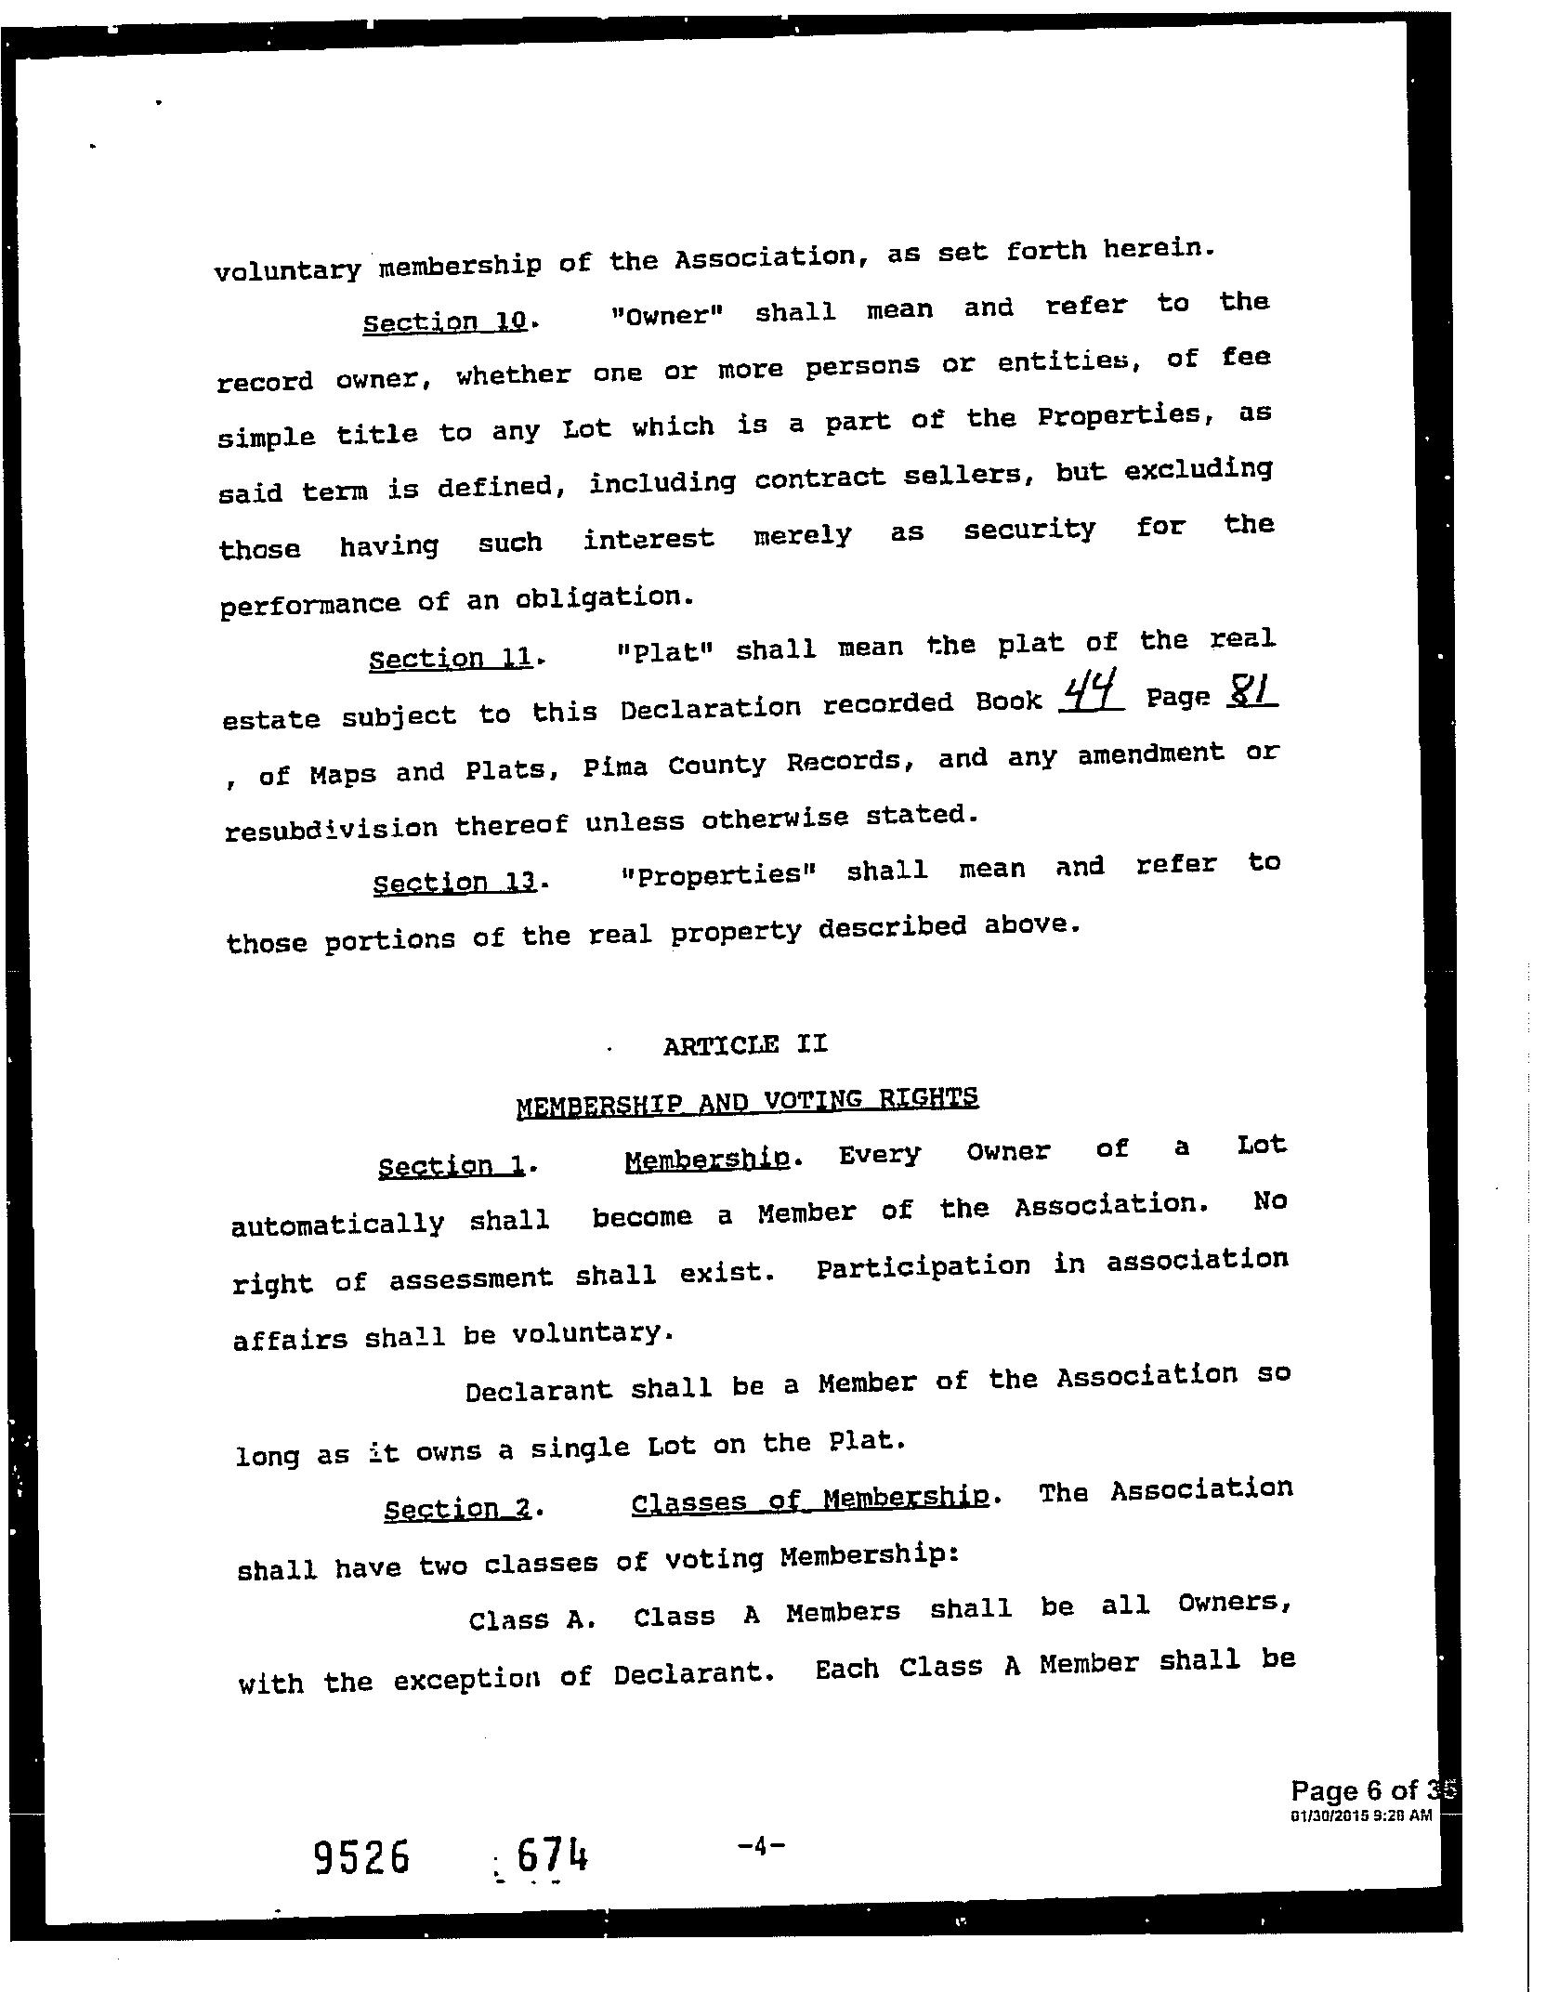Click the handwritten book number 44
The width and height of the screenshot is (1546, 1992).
coord(1091,690)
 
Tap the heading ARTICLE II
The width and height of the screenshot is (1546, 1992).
coord(744,1045)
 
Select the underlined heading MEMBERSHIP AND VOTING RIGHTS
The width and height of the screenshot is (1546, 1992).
coord(747,1101)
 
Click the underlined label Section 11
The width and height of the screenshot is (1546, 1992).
coord(451,658)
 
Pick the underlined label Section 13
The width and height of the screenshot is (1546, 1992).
coord(454,880)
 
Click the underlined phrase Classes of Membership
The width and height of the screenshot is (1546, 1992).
coord(809,1501)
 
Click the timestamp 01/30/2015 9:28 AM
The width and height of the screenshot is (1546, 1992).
coord(1361,1815)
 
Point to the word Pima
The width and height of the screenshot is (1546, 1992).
coord(615,767)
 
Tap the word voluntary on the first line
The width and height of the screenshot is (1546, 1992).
coord(287,269)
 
